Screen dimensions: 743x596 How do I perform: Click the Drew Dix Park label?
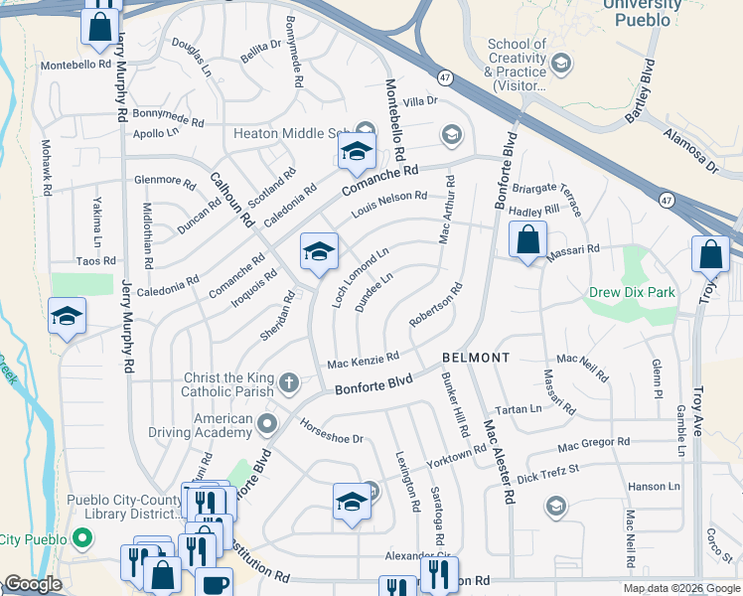point(632,293)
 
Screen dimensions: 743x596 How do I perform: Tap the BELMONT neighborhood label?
point(476,357)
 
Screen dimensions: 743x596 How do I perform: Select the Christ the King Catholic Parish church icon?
point(289,381)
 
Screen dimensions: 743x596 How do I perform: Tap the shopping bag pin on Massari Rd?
point(528,240)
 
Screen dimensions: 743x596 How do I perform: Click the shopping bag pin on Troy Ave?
point(711,256)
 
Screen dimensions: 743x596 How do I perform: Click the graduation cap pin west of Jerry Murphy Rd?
point(67,316)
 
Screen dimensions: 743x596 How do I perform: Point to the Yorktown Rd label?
point(457,456)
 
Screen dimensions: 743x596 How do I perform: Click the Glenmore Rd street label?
point(165,181)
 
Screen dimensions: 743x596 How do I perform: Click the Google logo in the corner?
point(32,584)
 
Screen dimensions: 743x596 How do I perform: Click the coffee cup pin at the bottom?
point(214,584)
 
